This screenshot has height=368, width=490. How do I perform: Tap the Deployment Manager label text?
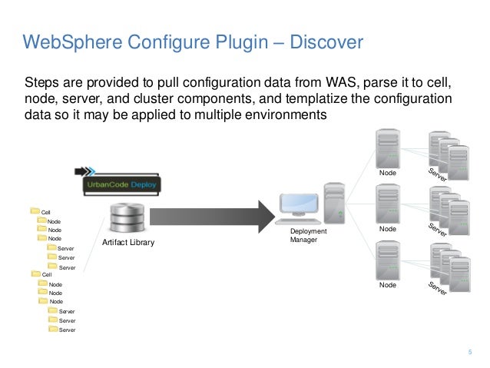click(x=308, y=236)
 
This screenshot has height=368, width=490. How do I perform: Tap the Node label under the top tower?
click(x=388, y=174)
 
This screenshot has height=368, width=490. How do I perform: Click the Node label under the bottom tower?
click(x=388, y=285)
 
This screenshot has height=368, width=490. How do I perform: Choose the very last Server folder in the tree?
click(x=53, y=329)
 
